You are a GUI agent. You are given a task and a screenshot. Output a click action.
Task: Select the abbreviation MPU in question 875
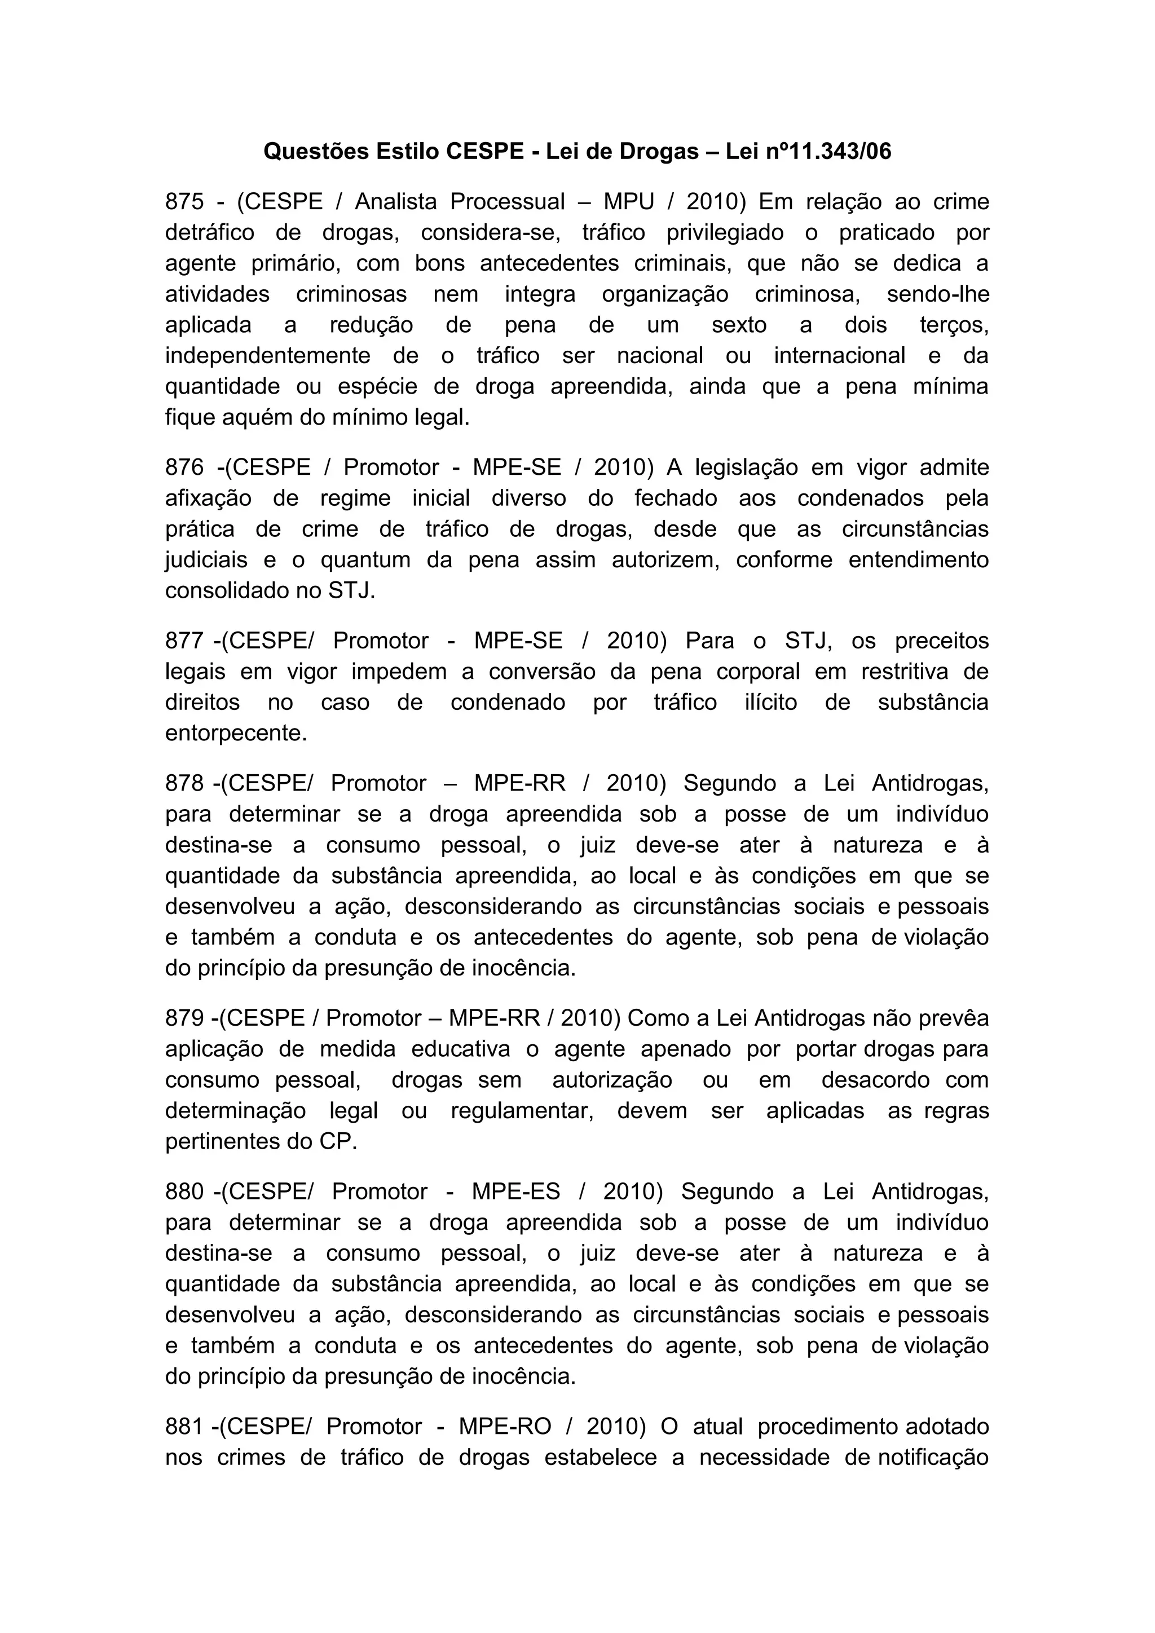[x=629, y=202]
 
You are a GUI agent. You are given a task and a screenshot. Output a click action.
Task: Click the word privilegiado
[x=725, y=232]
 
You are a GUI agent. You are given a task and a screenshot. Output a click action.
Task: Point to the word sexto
[x=739, y=325]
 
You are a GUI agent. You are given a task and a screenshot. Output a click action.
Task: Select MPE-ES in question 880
[x=515, y=1191]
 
